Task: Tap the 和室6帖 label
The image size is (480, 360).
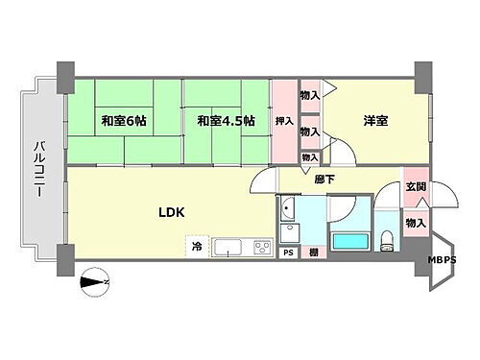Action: click(x=123, y=121)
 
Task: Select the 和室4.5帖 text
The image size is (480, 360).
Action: click(x=226, y=121)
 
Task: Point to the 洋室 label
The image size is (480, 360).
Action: click(x=374, y=121)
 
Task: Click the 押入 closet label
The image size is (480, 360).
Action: click(x=285, y=121)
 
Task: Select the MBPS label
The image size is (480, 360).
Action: click(x=443, y=258)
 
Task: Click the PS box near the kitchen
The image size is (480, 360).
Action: click(x=287, y=252)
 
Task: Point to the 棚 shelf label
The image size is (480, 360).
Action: click(x=313, y=252)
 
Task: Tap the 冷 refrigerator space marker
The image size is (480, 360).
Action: click(x=197, y=247)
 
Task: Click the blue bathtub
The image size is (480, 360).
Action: click(x=350, y=244)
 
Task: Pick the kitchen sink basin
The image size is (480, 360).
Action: click(x=228, y=248)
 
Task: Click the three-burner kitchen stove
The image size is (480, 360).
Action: click(x=261, y=248)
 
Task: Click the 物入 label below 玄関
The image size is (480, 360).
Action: click(x=415, y=223)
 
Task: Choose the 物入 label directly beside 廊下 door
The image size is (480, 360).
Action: click(x=310, y=157)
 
